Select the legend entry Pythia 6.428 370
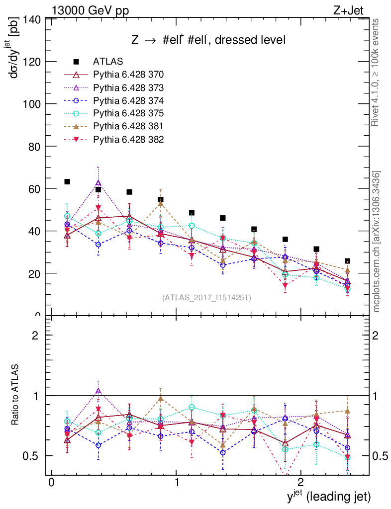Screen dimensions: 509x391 point(128,75)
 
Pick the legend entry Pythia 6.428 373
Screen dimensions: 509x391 point(128,87)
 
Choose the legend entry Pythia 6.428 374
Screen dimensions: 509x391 point(128,100)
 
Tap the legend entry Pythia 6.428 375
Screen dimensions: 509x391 point(128,113)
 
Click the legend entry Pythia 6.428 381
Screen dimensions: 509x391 point(128,126)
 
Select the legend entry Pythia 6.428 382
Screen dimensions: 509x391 point(128,139)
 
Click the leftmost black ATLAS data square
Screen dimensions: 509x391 point(67,182)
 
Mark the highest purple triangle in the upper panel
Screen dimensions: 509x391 point(98,183)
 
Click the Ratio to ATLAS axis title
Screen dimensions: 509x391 point(16,395)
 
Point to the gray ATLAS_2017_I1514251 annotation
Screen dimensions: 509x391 point(206,298)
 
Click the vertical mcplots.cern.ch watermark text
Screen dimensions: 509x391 point(377,241)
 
